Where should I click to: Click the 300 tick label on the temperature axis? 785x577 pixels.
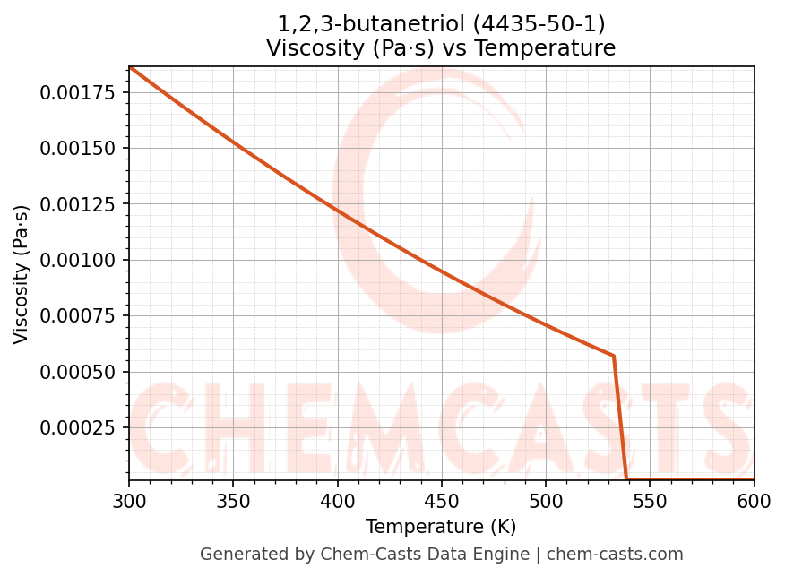pos(129,503)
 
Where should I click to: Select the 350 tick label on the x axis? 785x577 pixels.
pos(233,503)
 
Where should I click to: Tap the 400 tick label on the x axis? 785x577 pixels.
pos(337,503)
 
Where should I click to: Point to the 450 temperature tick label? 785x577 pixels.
pos(442,503)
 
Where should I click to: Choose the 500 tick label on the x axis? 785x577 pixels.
pos(546,503)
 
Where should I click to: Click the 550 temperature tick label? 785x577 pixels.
pos(650,503)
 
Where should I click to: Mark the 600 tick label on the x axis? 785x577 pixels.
pos(754,503)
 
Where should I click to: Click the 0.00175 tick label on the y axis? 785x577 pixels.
pos(79,92)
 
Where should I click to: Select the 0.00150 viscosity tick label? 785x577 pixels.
pos(79,148)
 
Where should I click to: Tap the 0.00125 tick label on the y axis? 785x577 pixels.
pos(79,204)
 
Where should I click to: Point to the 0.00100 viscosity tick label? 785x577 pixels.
pos(79,260)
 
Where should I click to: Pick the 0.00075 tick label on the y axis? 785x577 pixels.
pos(79,315)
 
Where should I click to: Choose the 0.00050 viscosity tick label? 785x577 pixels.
pos(79,372)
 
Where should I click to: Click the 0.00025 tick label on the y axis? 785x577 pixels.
pos(79,427)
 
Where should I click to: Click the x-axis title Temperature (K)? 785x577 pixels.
pos(441,527)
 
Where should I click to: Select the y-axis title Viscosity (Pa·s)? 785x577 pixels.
pos(22,274)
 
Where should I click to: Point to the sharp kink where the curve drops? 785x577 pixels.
pos(613,356)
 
